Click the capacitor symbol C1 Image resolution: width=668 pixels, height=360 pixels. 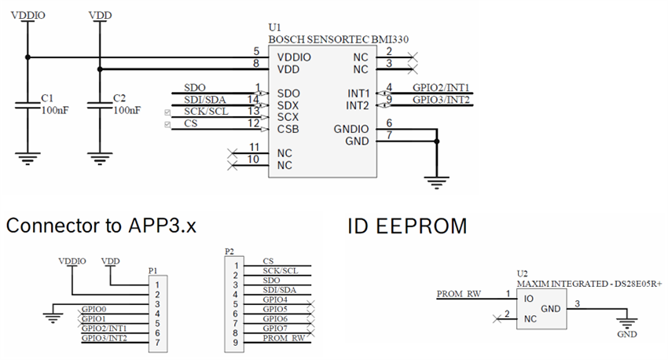28,105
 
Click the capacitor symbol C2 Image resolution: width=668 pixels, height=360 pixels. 99,105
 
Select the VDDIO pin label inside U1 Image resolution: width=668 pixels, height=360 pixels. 294,57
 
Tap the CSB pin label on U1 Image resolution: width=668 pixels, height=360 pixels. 288,128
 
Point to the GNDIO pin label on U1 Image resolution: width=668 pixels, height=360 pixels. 351,129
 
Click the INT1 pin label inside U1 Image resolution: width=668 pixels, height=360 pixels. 358,94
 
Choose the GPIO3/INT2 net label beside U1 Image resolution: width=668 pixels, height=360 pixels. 441,100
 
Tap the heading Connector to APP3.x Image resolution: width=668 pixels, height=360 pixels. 101,226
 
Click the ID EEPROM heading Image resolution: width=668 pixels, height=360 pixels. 407,226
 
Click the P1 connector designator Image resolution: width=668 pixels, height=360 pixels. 152,270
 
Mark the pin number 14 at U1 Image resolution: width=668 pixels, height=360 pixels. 252,99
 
